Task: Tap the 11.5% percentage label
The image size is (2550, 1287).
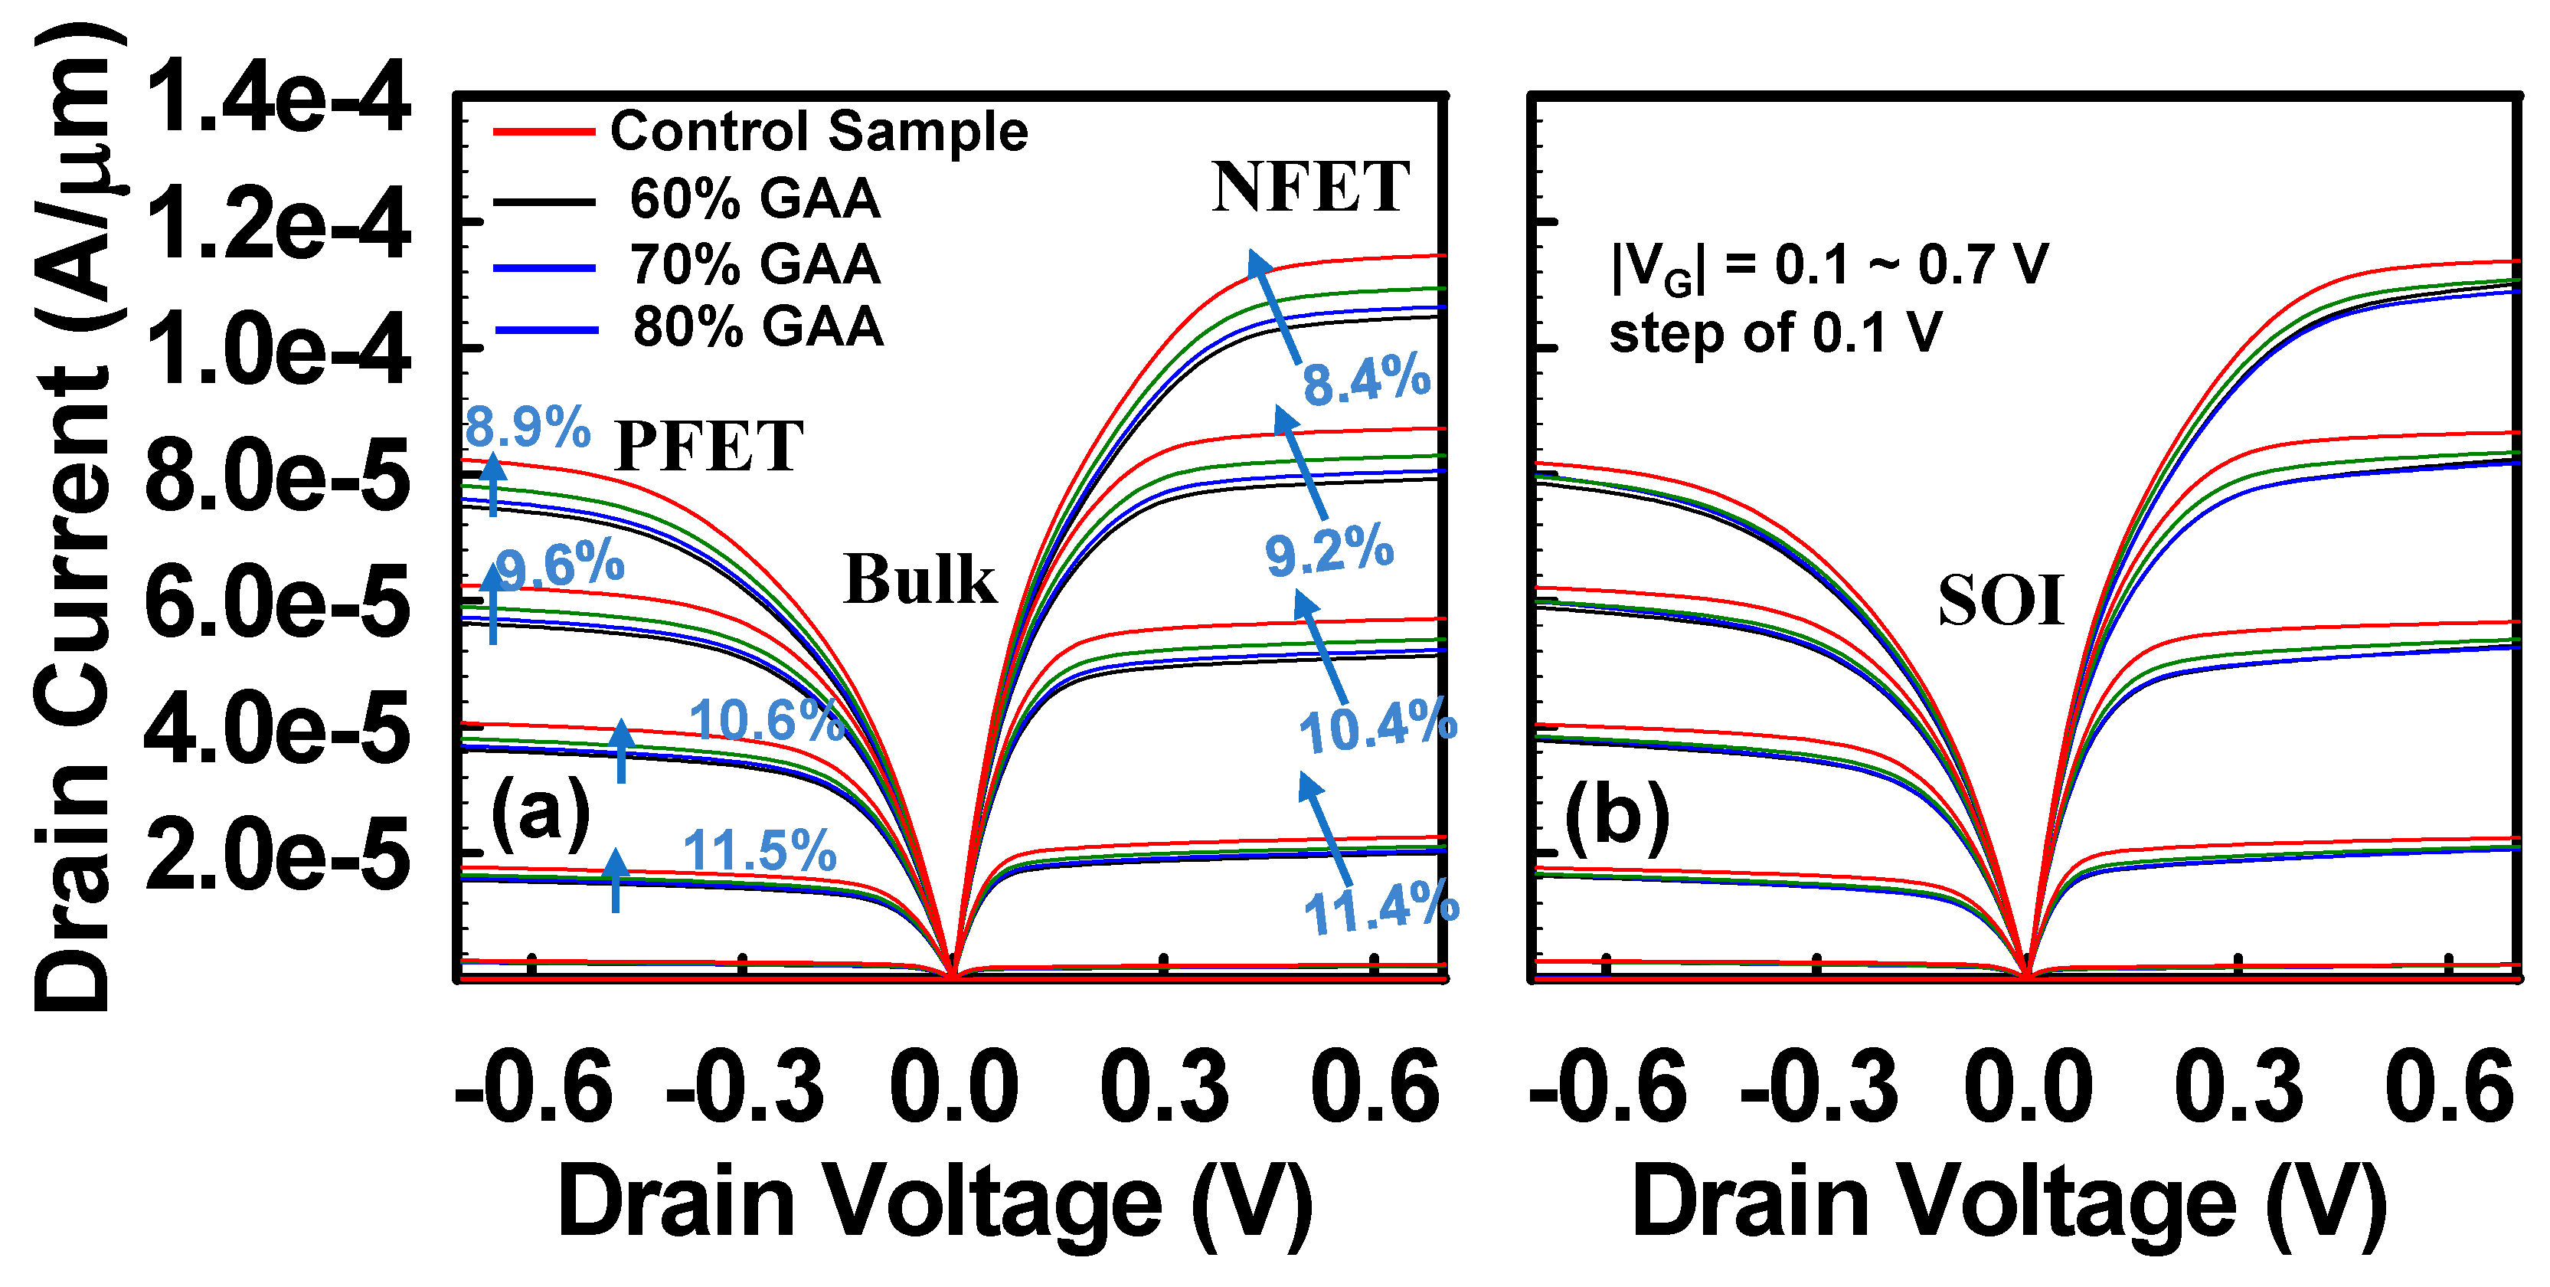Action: pos(760,850)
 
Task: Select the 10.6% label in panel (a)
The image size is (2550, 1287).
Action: pos(767,720)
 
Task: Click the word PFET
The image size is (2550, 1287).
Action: pos(709,447)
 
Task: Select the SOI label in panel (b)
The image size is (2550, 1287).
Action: pos(2002,601)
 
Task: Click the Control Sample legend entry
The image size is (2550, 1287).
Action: pos(819,131)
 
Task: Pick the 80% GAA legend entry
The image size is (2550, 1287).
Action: pos(757,326)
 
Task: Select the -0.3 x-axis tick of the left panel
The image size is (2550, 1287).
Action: pos(744,1087)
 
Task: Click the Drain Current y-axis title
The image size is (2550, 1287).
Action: pos(74,515)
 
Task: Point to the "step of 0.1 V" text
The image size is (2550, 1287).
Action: pos(1775,332)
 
